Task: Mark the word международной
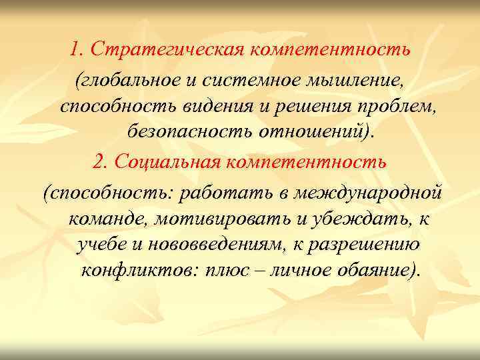[375, 193]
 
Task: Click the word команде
[107, 219]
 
